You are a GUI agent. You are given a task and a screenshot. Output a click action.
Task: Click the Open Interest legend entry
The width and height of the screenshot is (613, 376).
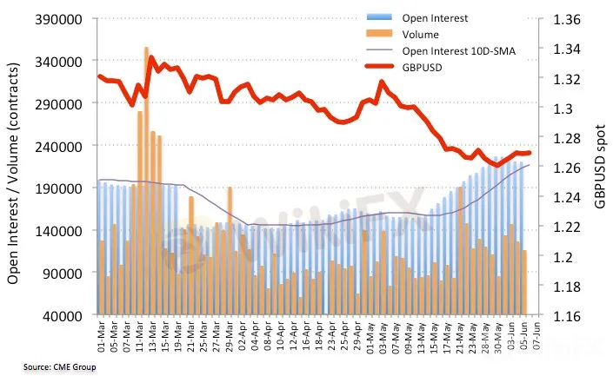[x=435, y=17]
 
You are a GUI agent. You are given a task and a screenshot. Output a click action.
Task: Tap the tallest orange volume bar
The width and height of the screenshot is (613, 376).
[x=146, y=174]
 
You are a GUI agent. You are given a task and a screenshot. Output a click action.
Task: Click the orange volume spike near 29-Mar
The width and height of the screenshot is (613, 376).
[x=230, y=243]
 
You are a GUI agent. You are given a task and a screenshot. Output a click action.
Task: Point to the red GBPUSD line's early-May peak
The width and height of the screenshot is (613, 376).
[x=382, y=82]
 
